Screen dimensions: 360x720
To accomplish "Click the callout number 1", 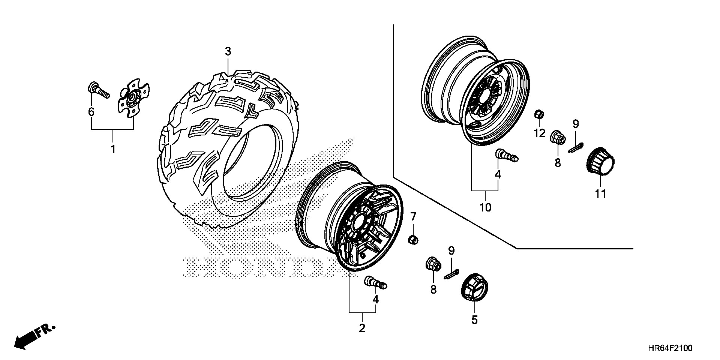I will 112,149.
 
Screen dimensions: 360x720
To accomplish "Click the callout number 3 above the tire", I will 228,52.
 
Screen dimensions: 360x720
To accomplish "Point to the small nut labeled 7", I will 413,239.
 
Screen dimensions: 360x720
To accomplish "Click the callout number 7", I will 413,216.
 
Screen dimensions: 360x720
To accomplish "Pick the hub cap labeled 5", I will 474,287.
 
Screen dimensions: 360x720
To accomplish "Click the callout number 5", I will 474,320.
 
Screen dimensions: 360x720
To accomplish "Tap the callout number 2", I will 362,328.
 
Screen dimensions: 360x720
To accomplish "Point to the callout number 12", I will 539,133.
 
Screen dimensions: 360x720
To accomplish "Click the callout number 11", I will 600,194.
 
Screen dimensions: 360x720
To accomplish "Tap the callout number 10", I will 485,207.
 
